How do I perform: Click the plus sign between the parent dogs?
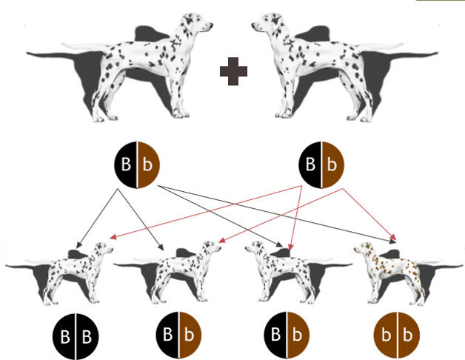click(233, 72)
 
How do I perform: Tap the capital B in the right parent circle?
click(310, 163)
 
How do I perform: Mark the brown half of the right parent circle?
click(333, 163)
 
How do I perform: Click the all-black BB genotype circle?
click(75, 337)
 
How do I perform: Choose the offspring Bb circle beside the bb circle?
click(288, 337)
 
